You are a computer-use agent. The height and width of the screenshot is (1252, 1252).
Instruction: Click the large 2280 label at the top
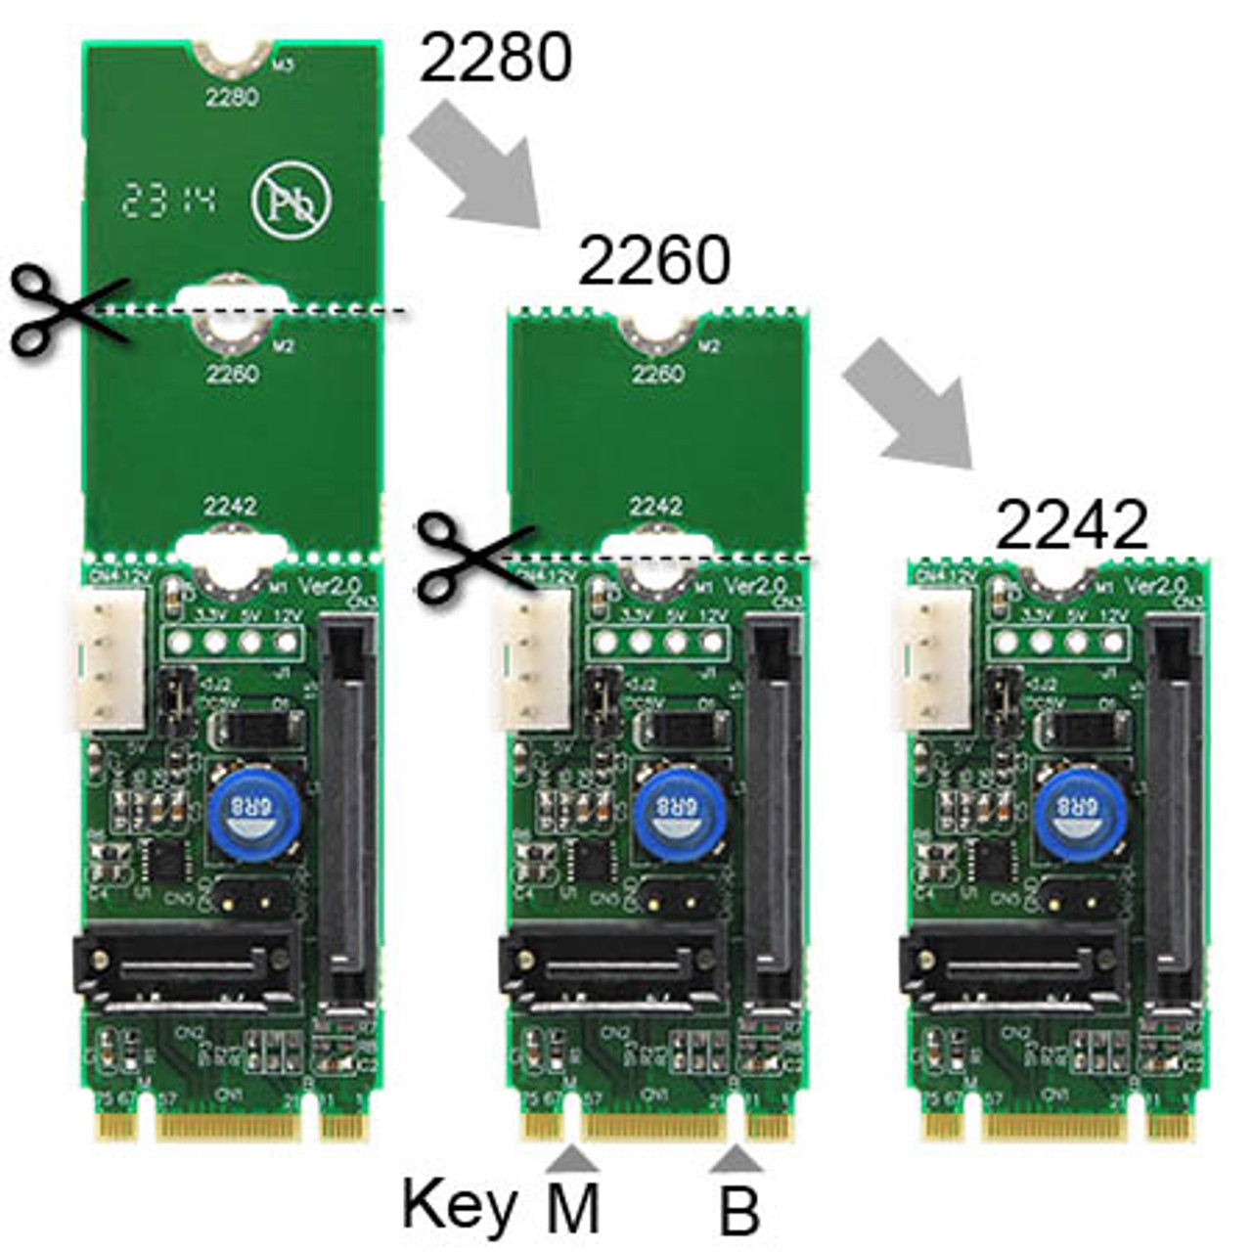[x=495, y=59]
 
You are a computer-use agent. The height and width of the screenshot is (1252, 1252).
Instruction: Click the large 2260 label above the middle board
[x=654, y=261]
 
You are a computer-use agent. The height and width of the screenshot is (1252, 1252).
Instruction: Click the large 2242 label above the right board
[x=1071, y=526]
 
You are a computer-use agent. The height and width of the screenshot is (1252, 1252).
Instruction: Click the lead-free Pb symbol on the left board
[x=291, y=201]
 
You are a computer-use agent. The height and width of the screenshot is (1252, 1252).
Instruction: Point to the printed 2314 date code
[x=166, y=201]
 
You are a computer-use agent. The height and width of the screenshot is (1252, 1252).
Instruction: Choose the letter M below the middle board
[x=572, y=1210]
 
